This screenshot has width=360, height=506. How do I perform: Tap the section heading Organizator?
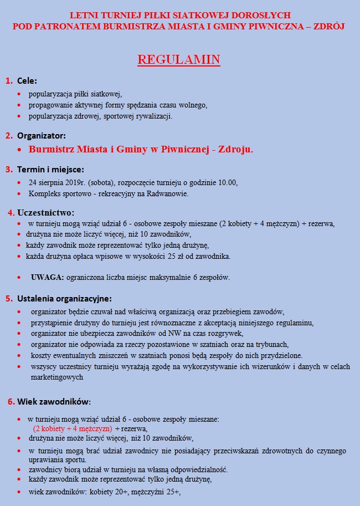click(x=42, y=135)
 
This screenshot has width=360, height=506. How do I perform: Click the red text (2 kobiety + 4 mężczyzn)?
click(x=73, y=429)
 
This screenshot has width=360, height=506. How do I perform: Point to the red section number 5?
click(x=9, y=298)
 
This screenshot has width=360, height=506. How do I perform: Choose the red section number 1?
click(x=9, y=81)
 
